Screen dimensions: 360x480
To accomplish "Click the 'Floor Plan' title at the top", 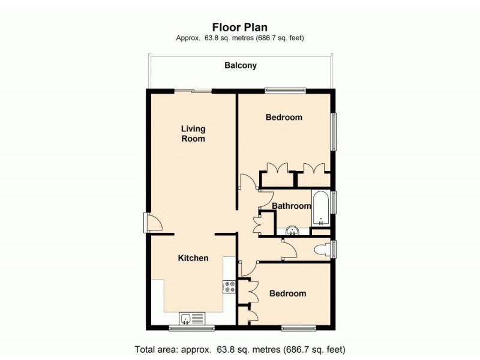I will [240, 26].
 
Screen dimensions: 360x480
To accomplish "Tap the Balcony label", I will [240, 65].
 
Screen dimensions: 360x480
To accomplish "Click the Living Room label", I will [193, 133].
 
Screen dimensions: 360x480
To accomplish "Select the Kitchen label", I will [193, 258].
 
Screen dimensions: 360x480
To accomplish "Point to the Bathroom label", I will [292, 206].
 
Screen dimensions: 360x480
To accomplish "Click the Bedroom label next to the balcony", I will [284, 117].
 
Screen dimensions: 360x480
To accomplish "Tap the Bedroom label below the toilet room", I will [287, 293].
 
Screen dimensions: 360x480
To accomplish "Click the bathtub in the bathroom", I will [321, 208].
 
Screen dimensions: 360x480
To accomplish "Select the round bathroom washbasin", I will [293, 230].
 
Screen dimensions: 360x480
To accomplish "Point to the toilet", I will [322, 249].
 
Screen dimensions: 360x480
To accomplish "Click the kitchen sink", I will [192, 317].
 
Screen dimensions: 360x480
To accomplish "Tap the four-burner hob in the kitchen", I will [229, 287].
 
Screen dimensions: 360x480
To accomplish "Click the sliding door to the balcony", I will [193, 91].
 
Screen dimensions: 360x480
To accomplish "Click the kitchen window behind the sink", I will [191, 328].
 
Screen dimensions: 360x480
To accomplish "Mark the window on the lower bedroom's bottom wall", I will [298, 328].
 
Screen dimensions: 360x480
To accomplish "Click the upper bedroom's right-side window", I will [334, 132].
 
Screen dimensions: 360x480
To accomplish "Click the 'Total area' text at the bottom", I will [240, 349].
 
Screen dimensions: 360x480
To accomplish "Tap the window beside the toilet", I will [334, 248].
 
